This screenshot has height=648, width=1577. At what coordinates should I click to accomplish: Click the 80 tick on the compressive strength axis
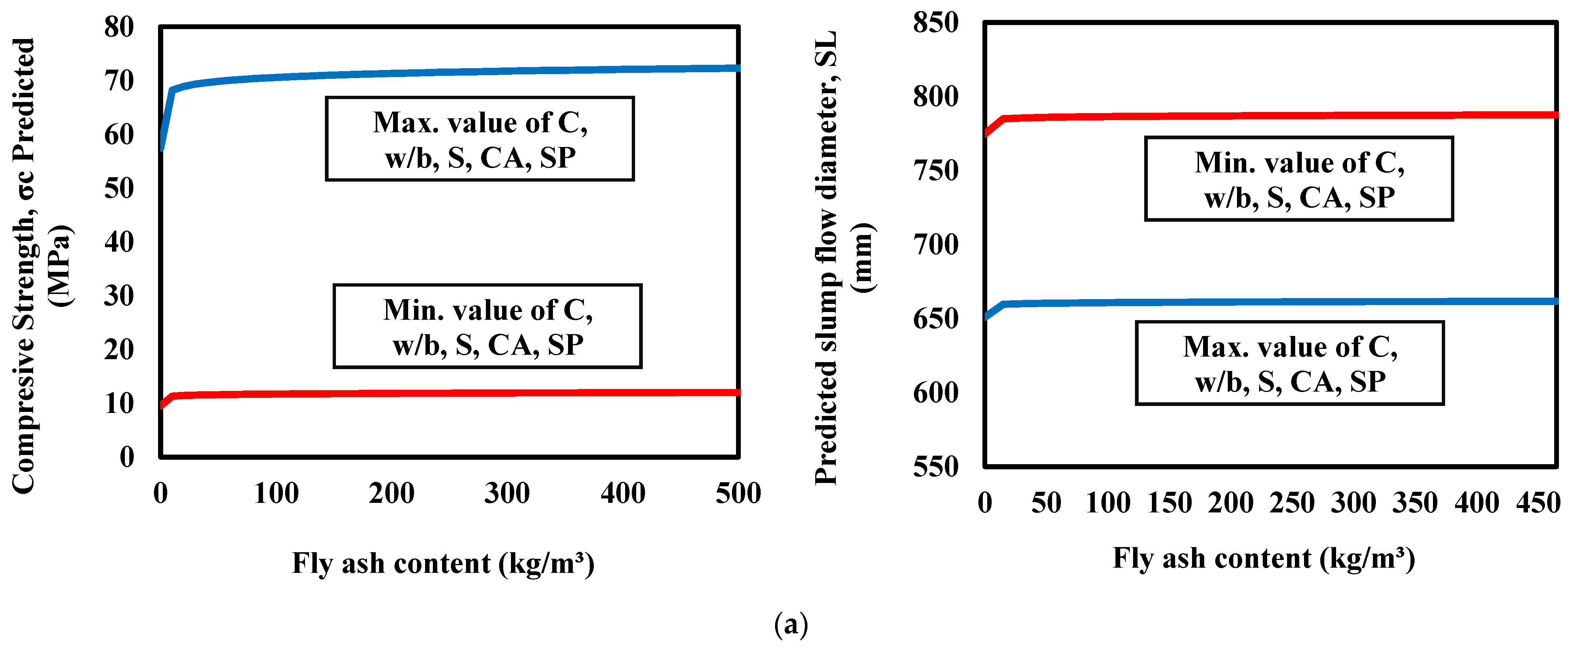[119, 28]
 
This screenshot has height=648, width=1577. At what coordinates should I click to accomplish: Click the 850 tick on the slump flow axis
[935, 23]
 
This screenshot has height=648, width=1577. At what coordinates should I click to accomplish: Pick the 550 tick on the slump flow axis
[935, 467]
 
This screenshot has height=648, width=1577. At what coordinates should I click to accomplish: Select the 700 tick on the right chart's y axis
[935, 245]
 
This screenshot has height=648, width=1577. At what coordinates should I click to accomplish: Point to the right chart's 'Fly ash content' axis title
[1264, 558]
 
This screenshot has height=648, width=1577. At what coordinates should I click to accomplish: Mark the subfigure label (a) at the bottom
[791, 625]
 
